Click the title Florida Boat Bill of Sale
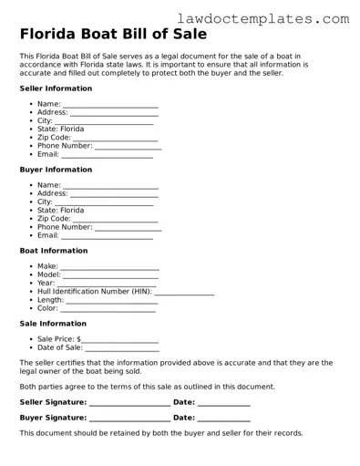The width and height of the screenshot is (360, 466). click(112, 35)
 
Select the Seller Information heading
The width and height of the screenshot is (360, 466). click(56, 88)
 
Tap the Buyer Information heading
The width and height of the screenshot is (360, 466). click(56, 170)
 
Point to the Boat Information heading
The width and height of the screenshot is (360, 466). click(54, 251)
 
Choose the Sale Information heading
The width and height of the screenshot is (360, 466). click(53, 324)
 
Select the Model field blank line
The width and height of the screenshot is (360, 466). click(111, 276)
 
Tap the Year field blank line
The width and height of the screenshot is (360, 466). click(107, 285)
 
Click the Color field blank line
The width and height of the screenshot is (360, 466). click(108, 310)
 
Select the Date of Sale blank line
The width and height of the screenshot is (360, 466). click(122, 349)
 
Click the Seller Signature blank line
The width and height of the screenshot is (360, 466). click(129, 405)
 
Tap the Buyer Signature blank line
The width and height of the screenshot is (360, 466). click(129, 420)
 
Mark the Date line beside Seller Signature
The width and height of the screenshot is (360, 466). click(223, 405)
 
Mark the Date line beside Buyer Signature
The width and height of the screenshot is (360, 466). click(223, 420)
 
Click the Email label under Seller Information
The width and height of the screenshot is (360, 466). click(47, 154)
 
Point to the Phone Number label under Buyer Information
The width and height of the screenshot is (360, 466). click(64, 227)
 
